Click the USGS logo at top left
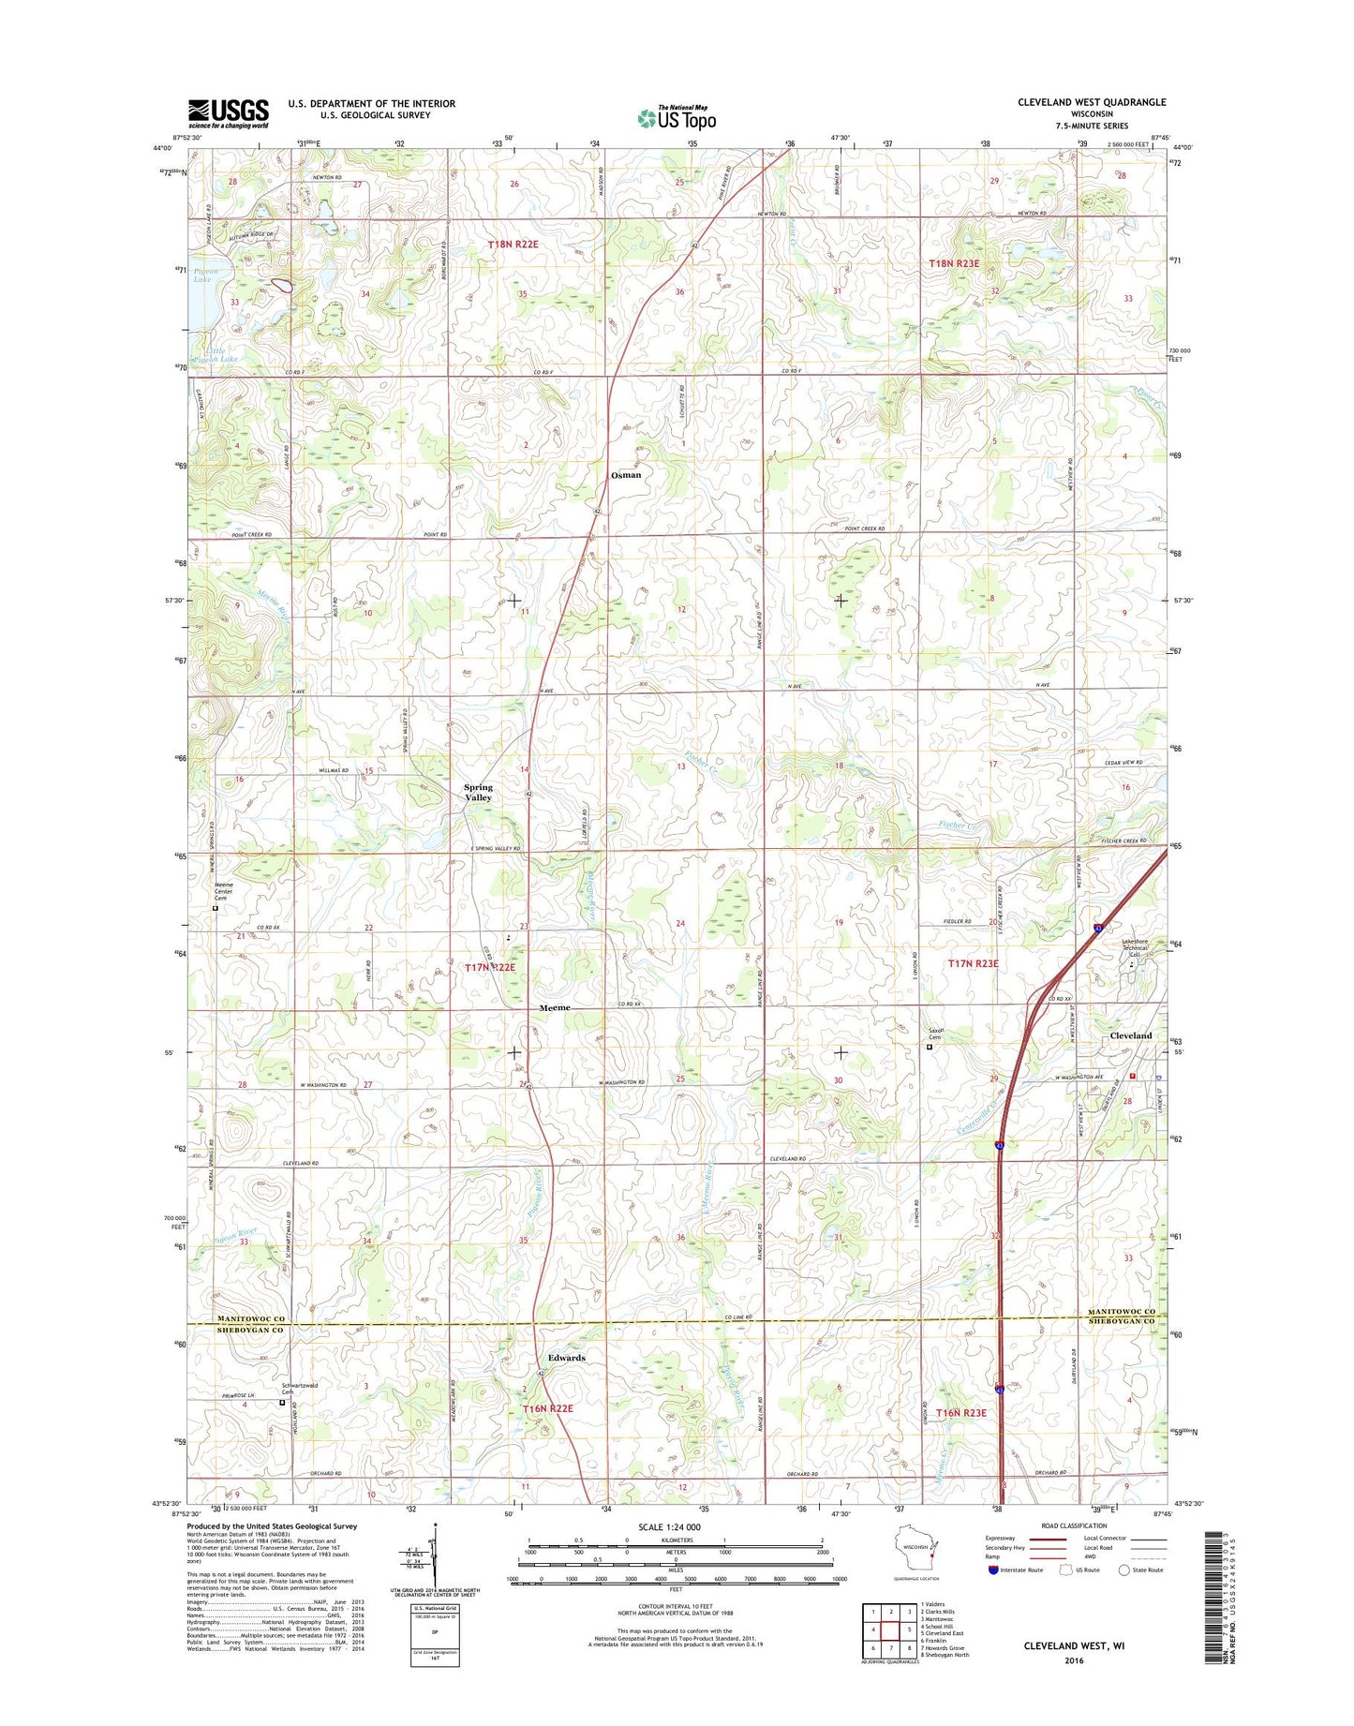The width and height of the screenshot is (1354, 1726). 228,113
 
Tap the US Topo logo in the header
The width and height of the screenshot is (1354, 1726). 677,117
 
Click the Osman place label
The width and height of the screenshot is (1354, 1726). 626,475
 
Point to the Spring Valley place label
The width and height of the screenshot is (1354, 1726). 478,793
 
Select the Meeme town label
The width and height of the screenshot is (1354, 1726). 555,1008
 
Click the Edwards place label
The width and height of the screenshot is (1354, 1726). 566,1358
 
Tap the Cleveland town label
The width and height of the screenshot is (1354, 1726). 1130,1035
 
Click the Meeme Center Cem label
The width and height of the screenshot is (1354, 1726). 223,891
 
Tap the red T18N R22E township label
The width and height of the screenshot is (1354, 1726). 513,244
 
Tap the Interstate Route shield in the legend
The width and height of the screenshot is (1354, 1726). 992,1570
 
